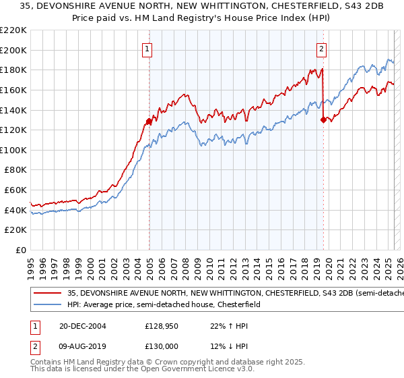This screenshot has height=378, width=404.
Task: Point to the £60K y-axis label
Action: [15, 190]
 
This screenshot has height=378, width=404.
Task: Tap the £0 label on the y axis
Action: [22, 250]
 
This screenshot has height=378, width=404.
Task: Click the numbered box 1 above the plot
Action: [147, 48]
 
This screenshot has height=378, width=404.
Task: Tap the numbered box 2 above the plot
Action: [322, 48]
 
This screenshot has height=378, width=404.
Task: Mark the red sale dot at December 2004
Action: [149, 122]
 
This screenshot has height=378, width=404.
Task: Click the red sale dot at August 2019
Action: [323, 120]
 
